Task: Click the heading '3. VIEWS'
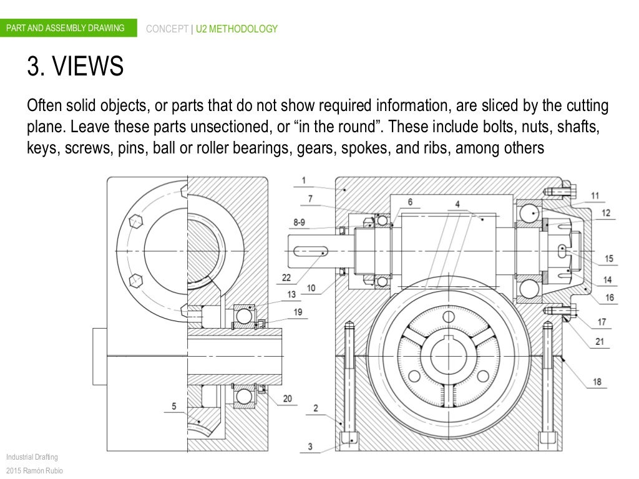pos(74,67)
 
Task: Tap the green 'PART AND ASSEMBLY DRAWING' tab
pos(65,29)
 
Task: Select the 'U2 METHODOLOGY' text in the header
pos(237,29)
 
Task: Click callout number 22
pos(286,278)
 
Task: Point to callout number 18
pos(597,382)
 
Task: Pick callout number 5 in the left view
pos(174,407)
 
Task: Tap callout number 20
pos(286,399)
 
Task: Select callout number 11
pos(595,196)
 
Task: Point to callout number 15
pos(609,259)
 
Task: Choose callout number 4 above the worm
pos(457,204)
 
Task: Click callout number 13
pos(291,295)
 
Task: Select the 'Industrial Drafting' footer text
pos(31,457)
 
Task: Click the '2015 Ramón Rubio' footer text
pos(34,470)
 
